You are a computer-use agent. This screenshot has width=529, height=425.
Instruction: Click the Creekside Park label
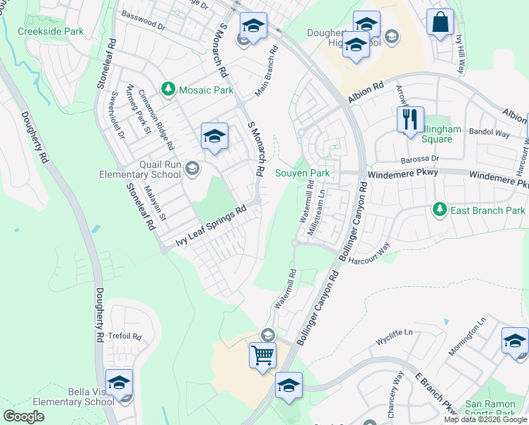tap(50, 31)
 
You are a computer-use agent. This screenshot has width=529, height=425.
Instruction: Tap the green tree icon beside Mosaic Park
tap(168, 89)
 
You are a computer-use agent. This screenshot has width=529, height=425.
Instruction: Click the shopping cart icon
tap(262, 353)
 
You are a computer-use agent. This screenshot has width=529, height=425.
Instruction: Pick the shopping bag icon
tap(440, 22)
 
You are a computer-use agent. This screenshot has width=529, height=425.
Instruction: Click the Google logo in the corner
tap(23, 416)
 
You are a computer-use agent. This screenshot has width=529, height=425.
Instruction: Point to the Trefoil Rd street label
tap(127, 337)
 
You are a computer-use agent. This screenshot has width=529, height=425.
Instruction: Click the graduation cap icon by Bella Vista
tap(119, 382)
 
